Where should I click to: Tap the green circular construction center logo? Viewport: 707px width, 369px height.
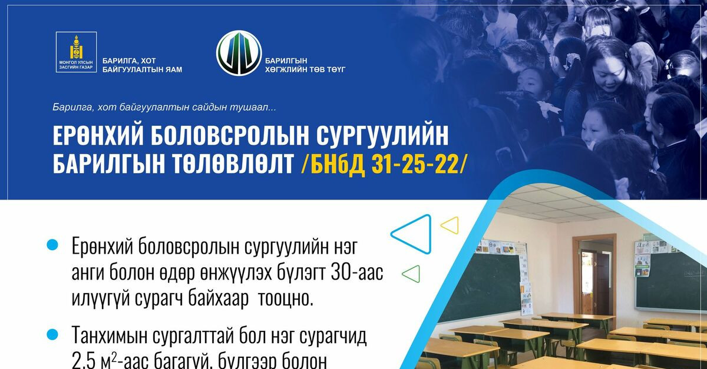[239, 53]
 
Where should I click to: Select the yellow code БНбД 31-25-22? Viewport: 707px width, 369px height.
[382, 164]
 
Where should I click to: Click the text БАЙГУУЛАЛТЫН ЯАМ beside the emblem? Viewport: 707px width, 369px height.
[142, 69]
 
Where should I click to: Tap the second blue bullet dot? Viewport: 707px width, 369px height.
[53, 334]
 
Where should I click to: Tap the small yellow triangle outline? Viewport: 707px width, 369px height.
[450, 224]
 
